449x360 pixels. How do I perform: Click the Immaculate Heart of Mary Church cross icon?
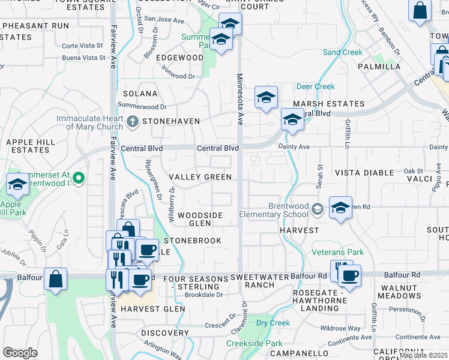(133, 122)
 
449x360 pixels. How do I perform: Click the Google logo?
(20, 353)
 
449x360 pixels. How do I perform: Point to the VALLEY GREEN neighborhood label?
(200, 177)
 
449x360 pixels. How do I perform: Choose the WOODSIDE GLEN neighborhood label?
(200, 219)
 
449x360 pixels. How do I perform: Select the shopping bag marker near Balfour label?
(55, 280)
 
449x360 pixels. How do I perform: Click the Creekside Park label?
(254, 344)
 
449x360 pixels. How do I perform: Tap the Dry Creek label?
(273, 323)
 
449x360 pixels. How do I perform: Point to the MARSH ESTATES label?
(328, 104)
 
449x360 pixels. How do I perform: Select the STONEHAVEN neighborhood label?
(171, 121)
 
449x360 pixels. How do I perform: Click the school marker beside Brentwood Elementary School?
(340, 208)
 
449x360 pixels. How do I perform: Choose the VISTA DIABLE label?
(364, 173)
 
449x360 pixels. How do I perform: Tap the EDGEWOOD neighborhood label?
(180, 58)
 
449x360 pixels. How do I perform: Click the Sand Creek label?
(343, 53)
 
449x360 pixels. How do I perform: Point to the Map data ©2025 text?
(423, 355)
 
